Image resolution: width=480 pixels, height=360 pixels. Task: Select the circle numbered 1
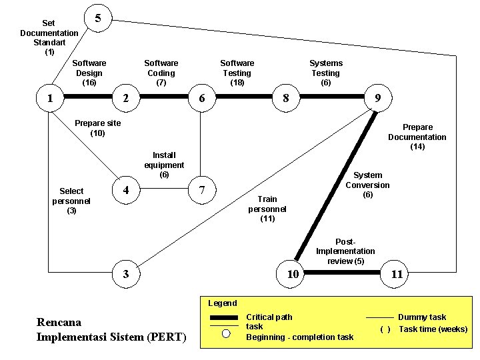tap(49, 98)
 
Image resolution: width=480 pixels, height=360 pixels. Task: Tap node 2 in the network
tap(125, 98)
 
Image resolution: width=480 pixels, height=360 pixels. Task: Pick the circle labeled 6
tap(201, 98)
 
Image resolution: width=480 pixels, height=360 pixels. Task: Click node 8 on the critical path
tap(286, 98)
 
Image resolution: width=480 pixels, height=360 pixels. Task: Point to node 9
tap(377, 98)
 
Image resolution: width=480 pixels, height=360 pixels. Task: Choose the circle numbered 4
tap(125, 191)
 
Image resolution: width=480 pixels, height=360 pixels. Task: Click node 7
tap(201, 191)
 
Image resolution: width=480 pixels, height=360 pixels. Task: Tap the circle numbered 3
tap(125, 274)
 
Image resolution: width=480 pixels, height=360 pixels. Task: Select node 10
tap(292, 274)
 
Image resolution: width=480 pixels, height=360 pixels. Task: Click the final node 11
tap(397, 274)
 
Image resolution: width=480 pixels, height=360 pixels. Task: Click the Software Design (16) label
tap(89, 73)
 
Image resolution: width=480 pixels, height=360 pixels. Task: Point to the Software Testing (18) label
tap(237, 73)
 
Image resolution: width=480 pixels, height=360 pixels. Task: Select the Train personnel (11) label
tap(267, 209)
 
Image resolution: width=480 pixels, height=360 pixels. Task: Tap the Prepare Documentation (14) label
tap(417, 137)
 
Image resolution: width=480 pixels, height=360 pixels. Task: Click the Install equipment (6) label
tap(164, 165)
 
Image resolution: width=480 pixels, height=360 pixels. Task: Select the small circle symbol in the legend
tap(226, 335)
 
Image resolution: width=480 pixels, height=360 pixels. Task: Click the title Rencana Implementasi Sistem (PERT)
tap(111, 329)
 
